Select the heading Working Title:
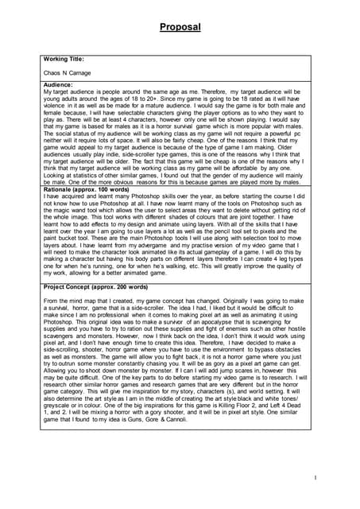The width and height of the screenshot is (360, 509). click(65, 58)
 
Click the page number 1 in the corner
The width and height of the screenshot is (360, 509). click(315, 477)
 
